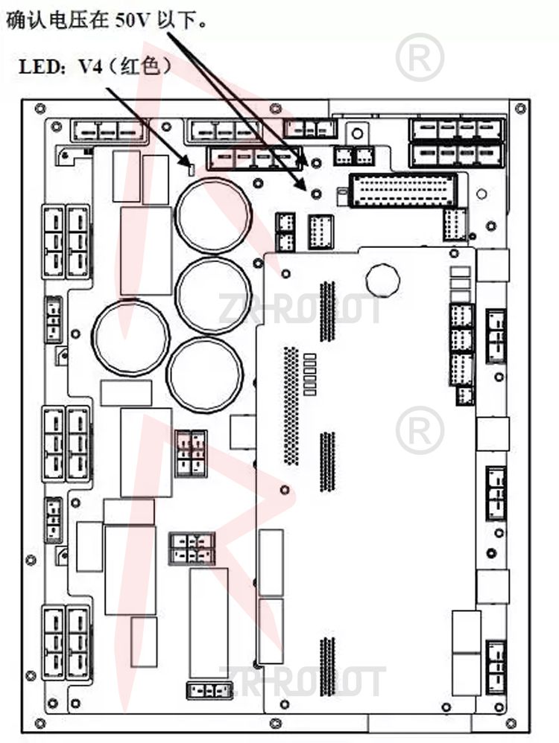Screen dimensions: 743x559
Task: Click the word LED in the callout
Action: (x=37, y=67)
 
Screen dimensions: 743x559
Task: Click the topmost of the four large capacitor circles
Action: (x=213, y=214)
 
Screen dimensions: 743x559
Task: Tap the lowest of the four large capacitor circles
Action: (x=204, y=375)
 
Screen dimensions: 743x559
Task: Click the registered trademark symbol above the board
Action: (x=420, y=57)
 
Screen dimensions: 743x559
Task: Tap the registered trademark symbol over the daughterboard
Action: (x=420, y=430)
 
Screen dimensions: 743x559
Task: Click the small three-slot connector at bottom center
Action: (x=205, y=689)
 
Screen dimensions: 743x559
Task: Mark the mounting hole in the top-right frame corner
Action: (x=520, y=109)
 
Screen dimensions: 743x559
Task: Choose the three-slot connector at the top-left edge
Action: (x=108, y=132)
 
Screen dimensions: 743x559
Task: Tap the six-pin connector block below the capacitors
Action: (x=191, y=452)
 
